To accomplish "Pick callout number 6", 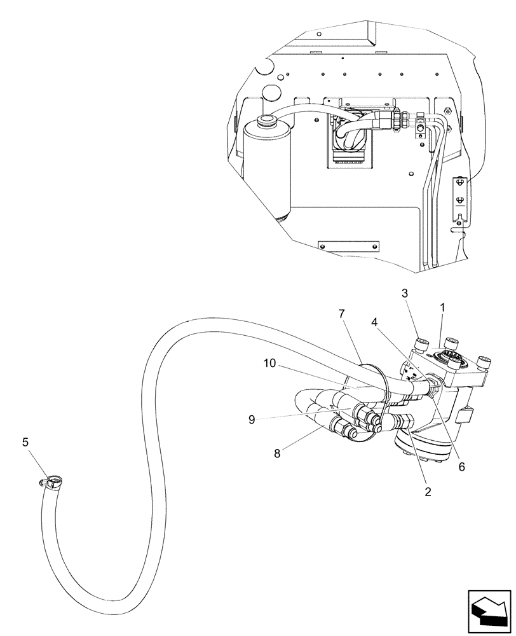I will (x=462, y=466).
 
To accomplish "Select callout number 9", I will (x=252, y=419).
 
